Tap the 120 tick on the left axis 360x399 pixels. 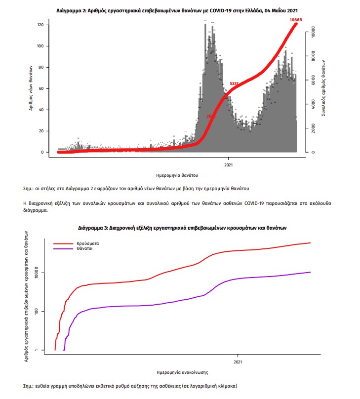41,25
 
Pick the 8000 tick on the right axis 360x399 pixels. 312,56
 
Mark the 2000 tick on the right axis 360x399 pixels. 312,128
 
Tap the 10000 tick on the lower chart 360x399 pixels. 41,273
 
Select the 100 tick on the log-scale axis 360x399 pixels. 41,311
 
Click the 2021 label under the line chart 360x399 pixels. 238,361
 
